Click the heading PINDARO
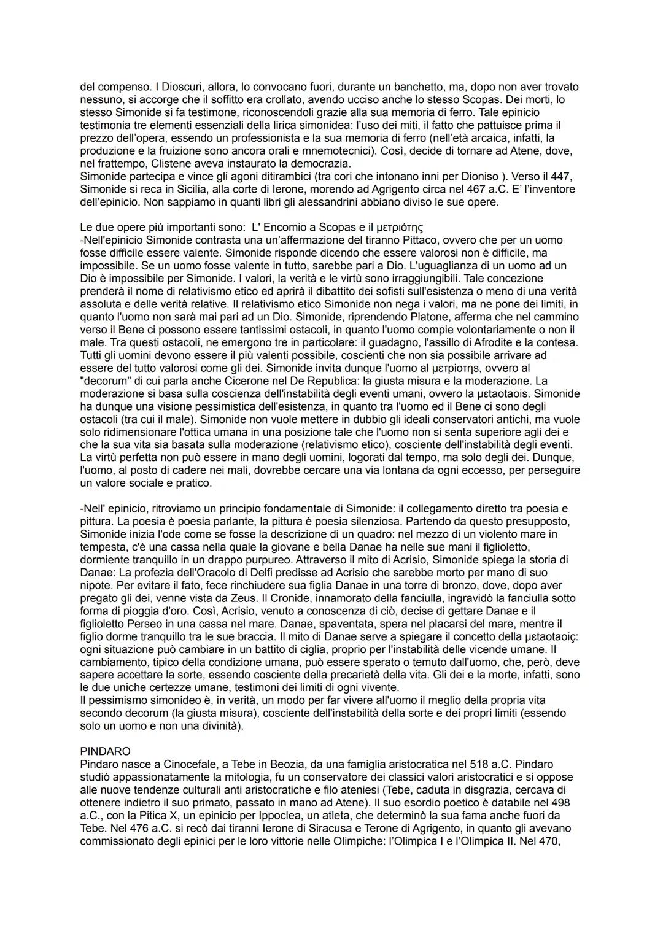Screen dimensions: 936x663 pyautogui.click(x=105, y=751)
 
